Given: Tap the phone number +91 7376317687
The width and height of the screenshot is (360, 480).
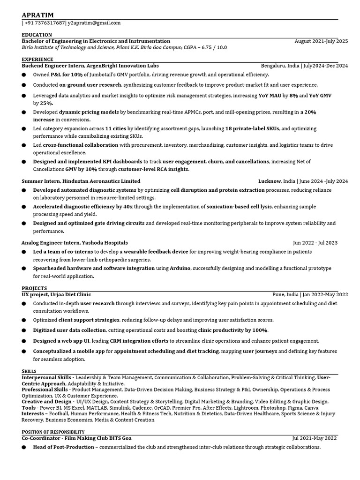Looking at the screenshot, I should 45,23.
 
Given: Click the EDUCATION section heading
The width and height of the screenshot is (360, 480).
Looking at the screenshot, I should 37,35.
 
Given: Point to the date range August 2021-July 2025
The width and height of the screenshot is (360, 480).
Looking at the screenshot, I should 321,41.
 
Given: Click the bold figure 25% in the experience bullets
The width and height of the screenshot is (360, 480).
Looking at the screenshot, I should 46,103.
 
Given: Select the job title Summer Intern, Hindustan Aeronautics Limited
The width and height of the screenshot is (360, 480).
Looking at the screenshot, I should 81,181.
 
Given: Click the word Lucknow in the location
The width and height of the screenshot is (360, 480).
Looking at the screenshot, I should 270,181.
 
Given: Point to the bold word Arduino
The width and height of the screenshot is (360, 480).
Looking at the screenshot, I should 180,268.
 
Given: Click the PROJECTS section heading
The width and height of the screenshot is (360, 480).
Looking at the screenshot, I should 34,288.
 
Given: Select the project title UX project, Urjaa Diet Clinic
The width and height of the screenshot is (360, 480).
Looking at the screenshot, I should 56,294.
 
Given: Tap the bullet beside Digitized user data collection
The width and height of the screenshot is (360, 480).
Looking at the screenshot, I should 24,330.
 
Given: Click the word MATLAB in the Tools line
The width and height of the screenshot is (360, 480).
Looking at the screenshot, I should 99,408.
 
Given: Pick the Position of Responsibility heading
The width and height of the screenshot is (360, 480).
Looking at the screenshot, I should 53,432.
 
